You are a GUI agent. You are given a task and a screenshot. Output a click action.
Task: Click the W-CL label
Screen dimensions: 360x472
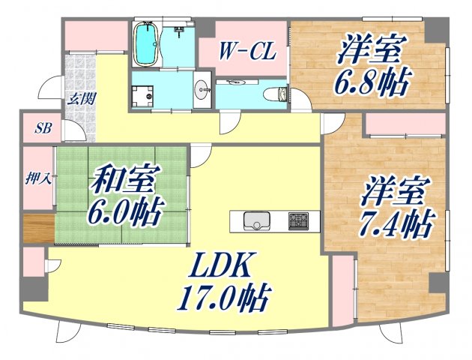pos(247,52)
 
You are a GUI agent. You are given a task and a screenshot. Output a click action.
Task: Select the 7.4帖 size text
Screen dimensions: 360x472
pos(395,222)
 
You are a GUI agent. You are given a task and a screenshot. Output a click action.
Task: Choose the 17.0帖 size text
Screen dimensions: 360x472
pos(223,300)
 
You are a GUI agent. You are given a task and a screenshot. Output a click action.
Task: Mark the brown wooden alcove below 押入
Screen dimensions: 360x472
pos(38,227)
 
